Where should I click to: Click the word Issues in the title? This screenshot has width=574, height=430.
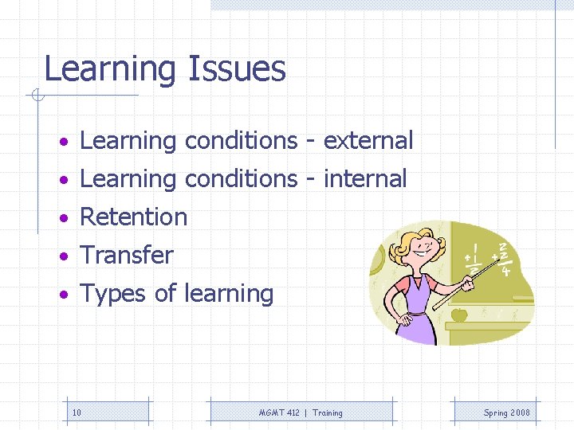(x=237, y=69)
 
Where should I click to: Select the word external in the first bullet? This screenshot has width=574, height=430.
(x=368, y=141)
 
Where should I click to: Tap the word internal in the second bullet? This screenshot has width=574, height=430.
(x=365, y=179)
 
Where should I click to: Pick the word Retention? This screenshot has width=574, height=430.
(x=134, y=217)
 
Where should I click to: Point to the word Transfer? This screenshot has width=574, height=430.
(x=127, y=256)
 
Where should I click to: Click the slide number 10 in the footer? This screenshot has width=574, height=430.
(x=77, y=412)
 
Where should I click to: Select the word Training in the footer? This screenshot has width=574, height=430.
(x=328, y=412)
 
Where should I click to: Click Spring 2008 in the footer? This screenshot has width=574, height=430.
(x=506, y=412)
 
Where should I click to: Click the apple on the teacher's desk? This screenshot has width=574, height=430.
(x=459, y=315)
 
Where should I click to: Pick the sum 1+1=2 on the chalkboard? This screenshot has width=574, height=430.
(x=474, y=259)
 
